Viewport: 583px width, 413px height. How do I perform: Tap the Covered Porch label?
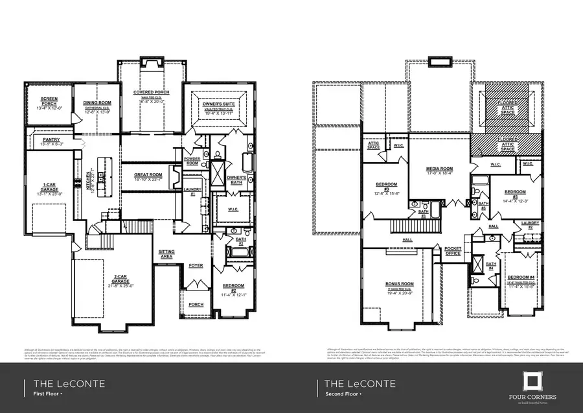point(151,93)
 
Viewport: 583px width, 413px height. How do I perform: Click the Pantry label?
point(51,139)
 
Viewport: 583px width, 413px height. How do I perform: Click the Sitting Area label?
point(166,254)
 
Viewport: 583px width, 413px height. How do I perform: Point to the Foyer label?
point(196,266)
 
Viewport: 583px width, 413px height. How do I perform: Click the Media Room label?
point(439,169)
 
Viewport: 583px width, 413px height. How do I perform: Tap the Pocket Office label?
point(453,252)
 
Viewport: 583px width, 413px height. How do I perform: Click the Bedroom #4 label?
point(520,277)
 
